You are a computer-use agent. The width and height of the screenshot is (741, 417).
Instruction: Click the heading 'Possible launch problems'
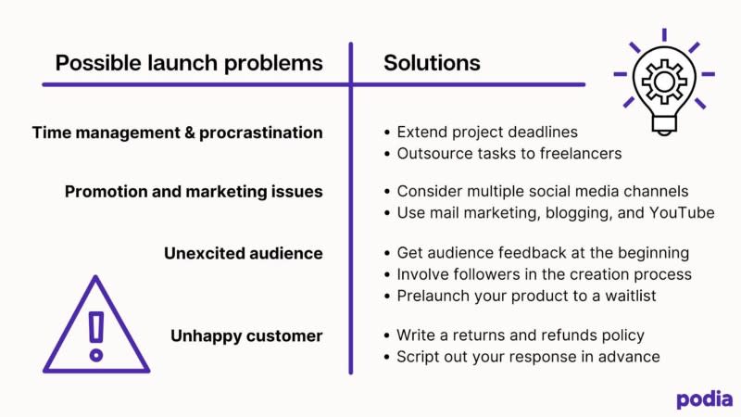point(189,63)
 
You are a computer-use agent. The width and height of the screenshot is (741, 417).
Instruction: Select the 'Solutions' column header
point(432,63)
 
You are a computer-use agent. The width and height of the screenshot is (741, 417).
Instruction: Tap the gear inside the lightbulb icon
point(664,82)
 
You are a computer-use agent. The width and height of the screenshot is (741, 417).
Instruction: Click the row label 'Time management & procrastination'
point(178,133)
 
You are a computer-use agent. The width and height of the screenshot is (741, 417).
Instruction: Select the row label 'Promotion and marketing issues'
point(194,192)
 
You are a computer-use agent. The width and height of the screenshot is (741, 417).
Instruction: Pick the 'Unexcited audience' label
point(243,252)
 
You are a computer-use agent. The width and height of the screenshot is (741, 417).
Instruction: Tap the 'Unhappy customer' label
point(246,335)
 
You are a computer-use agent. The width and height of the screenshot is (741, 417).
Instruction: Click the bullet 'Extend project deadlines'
point(486,133)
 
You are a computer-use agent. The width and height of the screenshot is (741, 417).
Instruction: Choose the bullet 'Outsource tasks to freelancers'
point(509,153)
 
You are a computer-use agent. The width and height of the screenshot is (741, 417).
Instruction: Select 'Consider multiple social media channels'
point(543,192)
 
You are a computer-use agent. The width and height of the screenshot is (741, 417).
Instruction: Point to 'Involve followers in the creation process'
point(544,273)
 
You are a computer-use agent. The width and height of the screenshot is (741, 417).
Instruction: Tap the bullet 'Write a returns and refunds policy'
point(520,335)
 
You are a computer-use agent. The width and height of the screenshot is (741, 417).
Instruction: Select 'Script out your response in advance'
point(528,356)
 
